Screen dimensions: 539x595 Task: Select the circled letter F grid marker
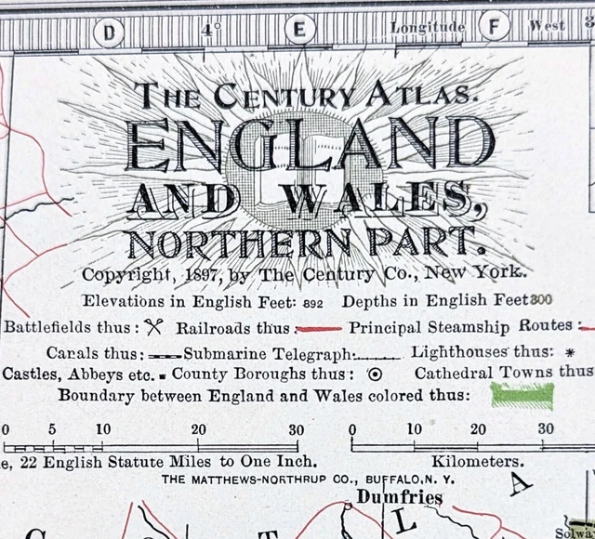tap(493, 26)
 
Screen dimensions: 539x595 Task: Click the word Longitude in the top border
tap(428, 28)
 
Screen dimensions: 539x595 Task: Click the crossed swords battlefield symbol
tap(154, 326)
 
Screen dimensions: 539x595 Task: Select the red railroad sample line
tap(320, 328)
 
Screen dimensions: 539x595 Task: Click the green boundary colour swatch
tap(522, 396)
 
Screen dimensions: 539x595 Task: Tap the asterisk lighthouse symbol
tap(570, 353)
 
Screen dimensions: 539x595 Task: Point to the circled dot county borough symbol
tap(375, 375)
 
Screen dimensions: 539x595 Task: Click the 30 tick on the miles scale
tap(296, 429)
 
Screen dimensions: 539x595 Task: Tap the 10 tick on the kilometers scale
tap(414, 429)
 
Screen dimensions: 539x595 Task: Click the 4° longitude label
tap(211, 30)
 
